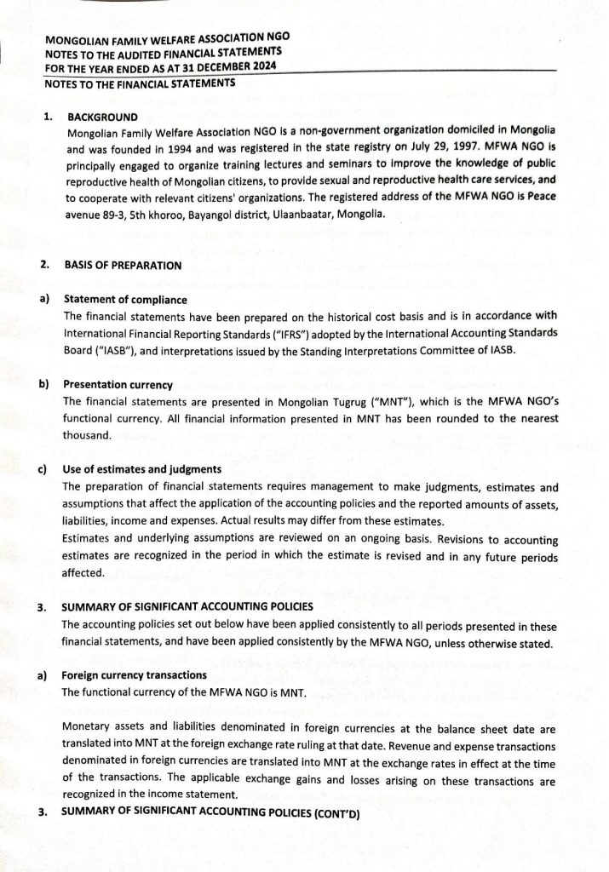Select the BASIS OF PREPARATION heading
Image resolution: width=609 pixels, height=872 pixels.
[123, 265]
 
